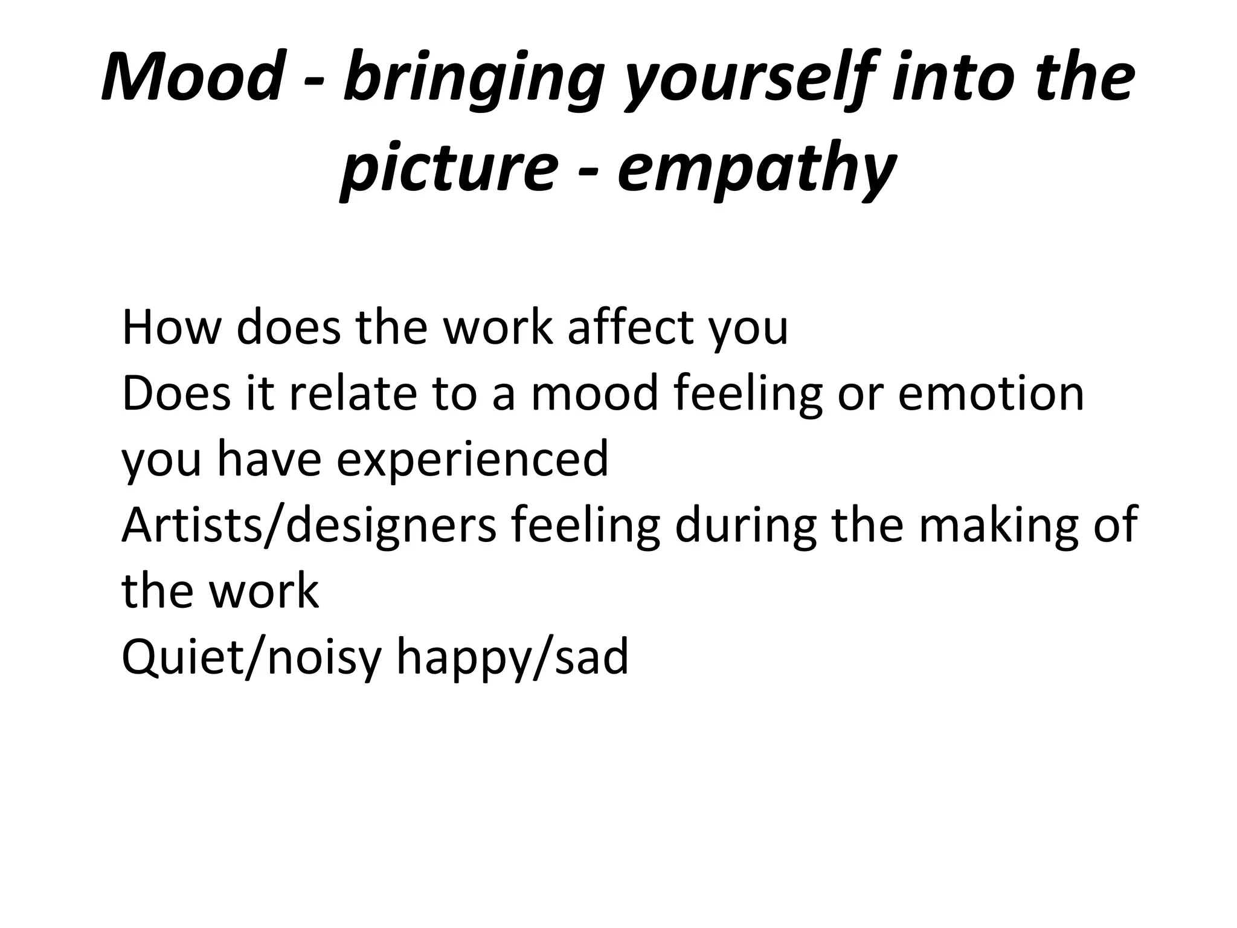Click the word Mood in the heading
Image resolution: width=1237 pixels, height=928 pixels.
point(192,78)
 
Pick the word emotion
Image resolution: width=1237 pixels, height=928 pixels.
point(991,394)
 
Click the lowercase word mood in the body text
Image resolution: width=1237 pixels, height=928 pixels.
point(595,394)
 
